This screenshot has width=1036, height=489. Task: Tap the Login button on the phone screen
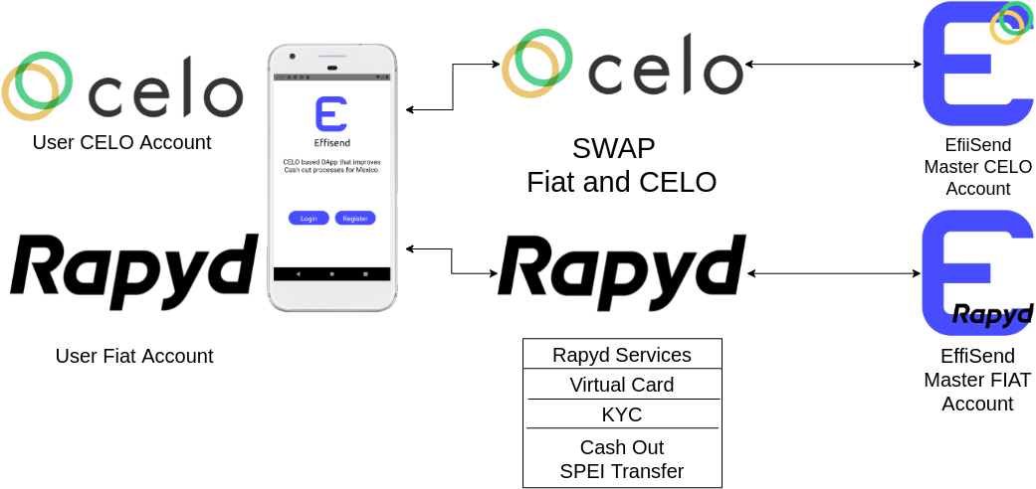[x=309, y=218]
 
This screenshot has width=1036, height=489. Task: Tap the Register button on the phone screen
[x=355, y=218]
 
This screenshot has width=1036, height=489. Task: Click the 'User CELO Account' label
[x=121, y=142]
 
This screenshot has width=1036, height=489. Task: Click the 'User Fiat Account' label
[x=134, y=356]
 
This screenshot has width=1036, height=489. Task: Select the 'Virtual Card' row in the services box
[x=622, y=385]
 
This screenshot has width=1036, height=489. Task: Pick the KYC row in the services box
[x=622, y=414]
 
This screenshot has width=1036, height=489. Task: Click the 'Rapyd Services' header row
[x=622, y=355]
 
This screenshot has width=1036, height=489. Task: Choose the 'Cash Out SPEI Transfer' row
[x=622, y=459]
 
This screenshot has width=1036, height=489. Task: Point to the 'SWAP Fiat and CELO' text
[x=621, y=165]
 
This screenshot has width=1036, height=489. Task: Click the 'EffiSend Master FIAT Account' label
[x=977, y=380]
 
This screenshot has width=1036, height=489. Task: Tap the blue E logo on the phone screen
[x=330, y=114]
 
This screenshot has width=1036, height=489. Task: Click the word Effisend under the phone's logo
[x=330, y=141]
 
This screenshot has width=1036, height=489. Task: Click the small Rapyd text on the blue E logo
[x=992, y=314]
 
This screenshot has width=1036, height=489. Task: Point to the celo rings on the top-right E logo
[x=1011, y=22]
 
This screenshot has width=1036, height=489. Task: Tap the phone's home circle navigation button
[x=331, y=272]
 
